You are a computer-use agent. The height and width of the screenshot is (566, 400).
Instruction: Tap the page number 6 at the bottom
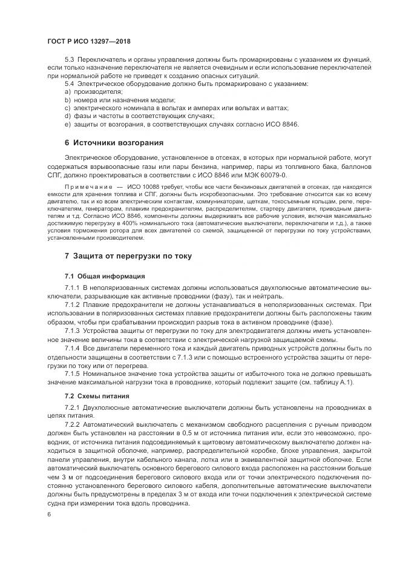point(49,514)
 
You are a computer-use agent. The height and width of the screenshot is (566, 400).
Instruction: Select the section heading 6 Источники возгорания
point(114,143)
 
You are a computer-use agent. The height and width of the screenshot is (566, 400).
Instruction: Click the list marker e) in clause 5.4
point(68,124)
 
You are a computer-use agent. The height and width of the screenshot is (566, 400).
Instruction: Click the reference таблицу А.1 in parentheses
point(332,382)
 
